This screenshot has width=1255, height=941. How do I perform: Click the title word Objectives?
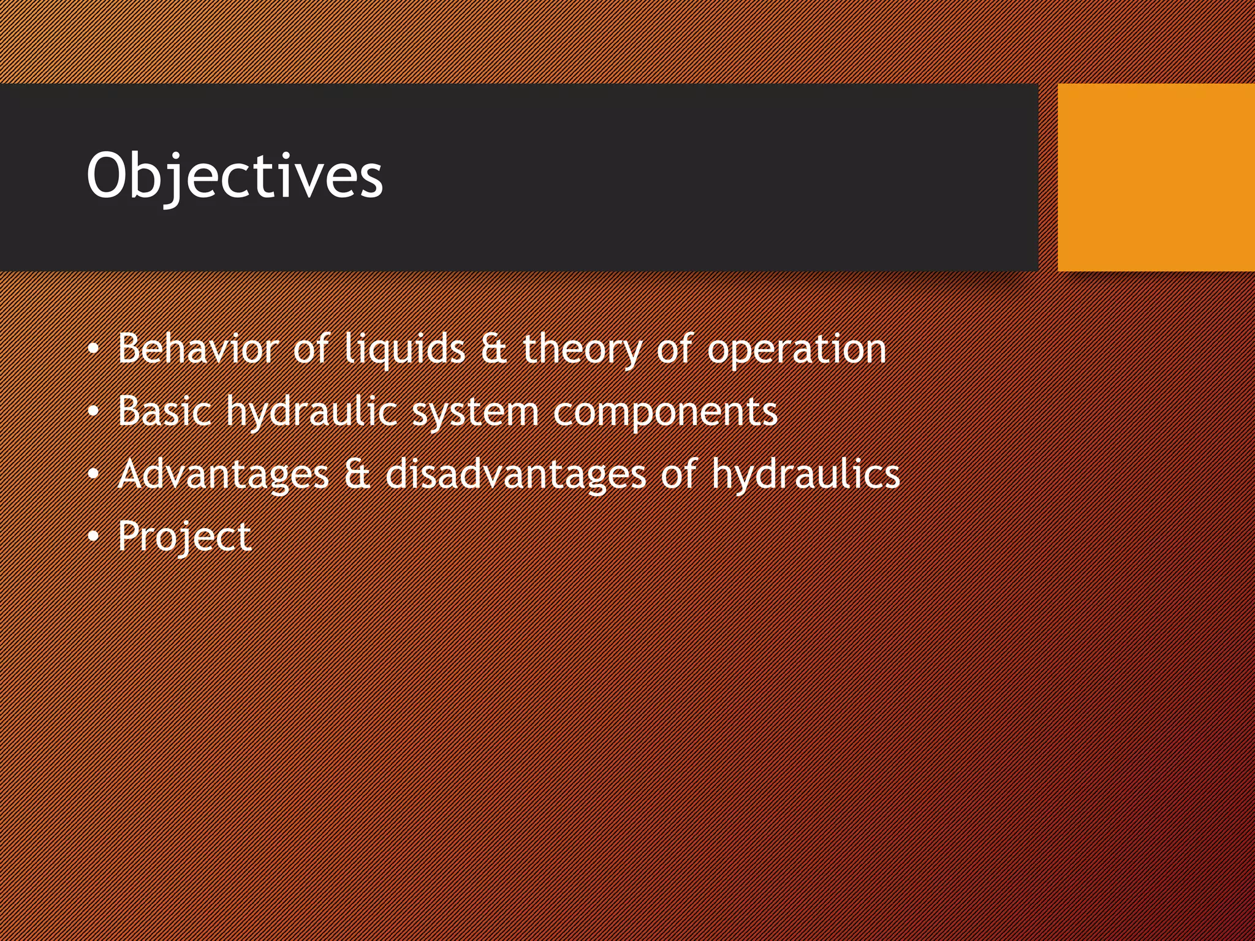pyautogui.click(x=235, y=176)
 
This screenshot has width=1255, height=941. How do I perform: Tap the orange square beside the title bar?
pyautogui.click(x=1156, y=178)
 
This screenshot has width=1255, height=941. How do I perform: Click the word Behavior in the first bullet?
pyautogui.click(x=198, y=349)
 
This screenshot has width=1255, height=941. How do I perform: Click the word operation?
pyautogui.click(x=797, y=350)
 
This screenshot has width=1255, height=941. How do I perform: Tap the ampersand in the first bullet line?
pyautogui.click(x=493, y=349)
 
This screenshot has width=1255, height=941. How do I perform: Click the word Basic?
pyautogui.click(x=164, y=411)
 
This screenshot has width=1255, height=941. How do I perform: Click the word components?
pyautogui.click(x=665, y=412)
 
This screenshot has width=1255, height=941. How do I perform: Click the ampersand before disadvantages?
pyautogui.click(x=357, y=474)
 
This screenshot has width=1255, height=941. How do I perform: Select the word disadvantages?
pyautogui.click(x=515, y=474)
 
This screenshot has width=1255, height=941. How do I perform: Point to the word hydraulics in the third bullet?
pyautogui.click(x=805, y=475)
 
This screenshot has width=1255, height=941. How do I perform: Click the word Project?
pyautogui.click(x=184, y=537)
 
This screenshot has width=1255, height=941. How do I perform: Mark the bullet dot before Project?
pyautogui.click(x=93, y=537)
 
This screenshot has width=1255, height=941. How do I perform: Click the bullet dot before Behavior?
pyautogui.click(x=93, y=349)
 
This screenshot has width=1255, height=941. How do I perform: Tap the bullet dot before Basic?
pyautogui.click(x=93, y=412)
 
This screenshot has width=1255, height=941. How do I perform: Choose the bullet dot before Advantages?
pyautogui.click(x=93, y=474)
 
